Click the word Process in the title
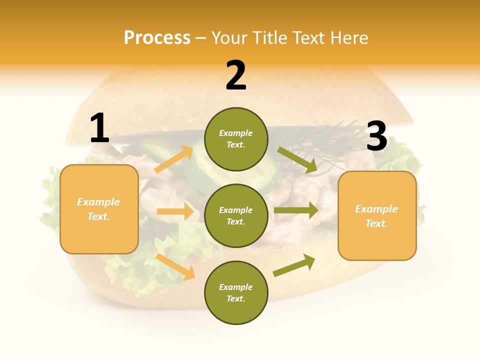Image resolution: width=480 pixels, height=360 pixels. pos(157,37)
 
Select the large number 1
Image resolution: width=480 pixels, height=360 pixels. pos(99,128)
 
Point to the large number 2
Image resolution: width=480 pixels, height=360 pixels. pos(236,75)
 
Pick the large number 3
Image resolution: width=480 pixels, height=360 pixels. pos(376,136)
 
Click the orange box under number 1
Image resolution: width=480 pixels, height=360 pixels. pos(99,209)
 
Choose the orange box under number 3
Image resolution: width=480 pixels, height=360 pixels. pos(377,215)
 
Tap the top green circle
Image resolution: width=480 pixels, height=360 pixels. pos(236,139)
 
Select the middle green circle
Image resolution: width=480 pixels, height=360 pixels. pos(236,215)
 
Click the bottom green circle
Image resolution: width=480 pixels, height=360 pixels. pos(236,292)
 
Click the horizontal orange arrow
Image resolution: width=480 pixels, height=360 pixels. pos(175,211)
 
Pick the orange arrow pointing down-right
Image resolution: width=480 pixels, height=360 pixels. pos(175,266)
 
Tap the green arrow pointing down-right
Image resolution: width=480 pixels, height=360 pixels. pos(297,160)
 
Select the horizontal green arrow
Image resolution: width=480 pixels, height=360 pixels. pos(295,210)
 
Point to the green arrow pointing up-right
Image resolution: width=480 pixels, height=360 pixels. pos(294,265)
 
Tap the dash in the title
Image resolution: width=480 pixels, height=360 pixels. pos(201,38)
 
